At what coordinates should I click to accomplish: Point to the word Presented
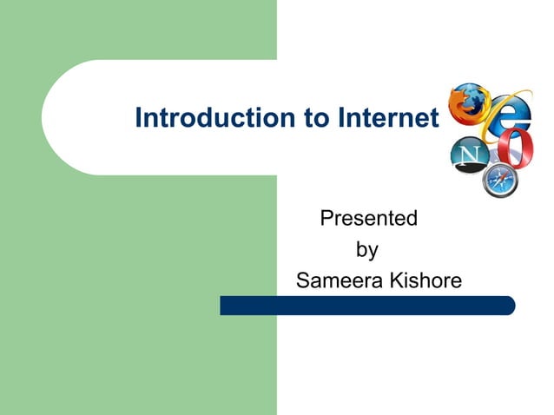click(x=368, y=218)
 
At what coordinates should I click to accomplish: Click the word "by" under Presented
click(x=367, y=251)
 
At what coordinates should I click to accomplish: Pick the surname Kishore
click(x=423, y=281)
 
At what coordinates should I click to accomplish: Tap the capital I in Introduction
click(x=139, y=118)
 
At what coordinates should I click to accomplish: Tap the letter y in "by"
click(x=373, y=253)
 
